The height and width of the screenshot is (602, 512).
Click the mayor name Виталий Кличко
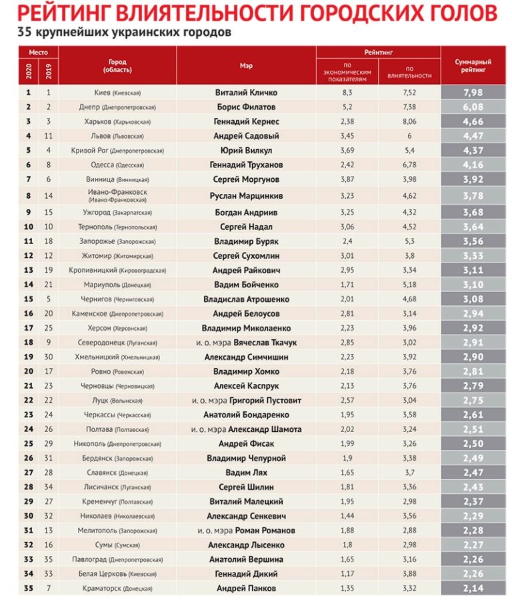pyautogui.click(x=246, y=93)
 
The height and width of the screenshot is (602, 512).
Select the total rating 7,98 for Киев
pyautogui.click(x=473, y=93)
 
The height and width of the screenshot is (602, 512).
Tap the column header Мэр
pyautogui.click(x=246, y=66)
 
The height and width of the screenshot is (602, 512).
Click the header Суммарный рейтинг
pyautogui.click(x=473, y=65)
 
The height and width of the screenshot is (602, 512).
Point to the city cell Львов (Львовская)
pyautogui.click(x=117, y=136)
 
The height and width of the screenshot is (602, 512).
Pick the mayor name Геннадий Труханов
pyautogui.click(x=246, y=165)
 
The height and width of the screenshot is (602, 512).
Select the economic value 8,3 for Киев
pyautogui.click(x=347, y=93)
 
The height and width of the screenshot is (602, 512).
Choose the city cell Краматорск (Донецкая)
pyautogui.click(x=117, y=589)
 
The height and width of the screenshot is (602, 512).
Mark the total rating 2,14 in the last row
pyautogui.click(x=473, y=589)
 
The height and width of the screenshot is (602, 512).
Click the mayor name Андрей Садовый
pyautogui.click(x=246, y=136)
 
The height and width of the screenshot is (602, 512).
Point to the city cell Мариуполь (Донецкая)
pyautogui.click(x=117, y=285)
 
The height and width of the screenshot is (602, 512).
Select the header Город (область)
pyautogui.click(x=117, y=66)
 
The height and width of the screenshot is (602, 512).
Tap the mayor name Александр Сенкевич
pyautogui.click(x=246, y=516)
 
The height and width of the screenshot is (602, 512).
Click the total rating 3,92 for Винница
pyautogui.click(x=473, y=179)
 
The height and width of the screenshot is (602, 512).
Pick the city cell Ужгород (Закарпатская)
pyautogui.click(x=117, y=213)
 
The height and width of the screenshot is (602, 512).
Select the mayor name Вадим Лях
pyautogui.click(x=246, y=473)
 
